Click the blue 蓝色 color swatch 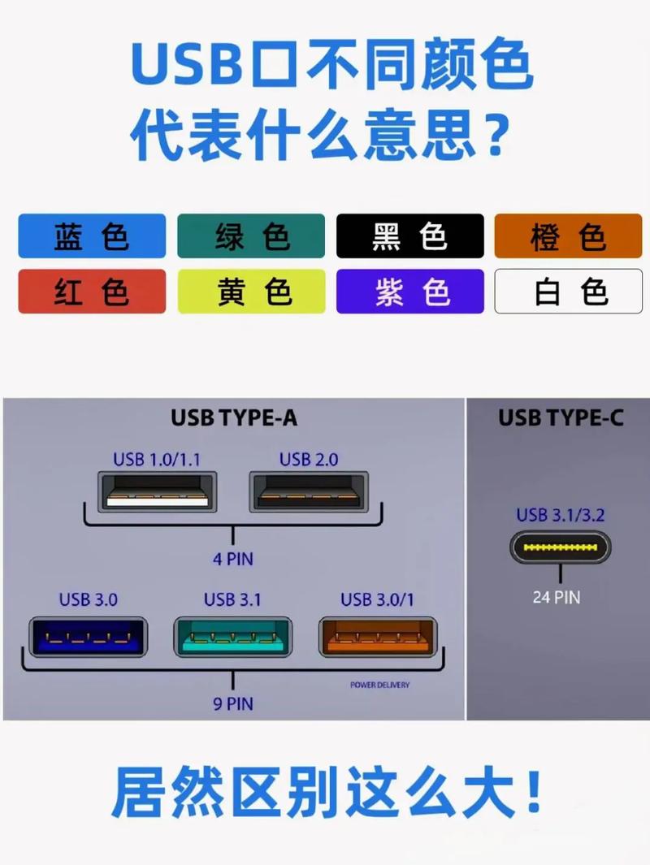coord(92,236)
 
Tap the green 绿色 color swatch coord(251,236)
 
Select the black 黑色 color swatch coord(410,236)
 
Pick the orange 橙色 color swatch coord(569,236)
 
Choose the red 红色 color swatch coord(92,292)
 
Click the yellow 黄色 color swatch coord(251,292)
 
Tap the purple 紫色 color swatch coord(410,292)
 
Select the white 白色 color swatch coord(569,292)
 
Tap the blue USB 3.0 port coord(88,637)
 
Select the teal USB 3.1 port coord(233,637)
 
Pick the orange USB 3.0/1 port coord(378,637)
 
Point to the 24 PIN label coord(557,597)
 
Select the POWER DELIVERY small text coord(379,685)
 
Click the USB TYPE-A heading coord(234,418)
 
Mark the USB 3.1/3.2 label coord(561,514)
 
